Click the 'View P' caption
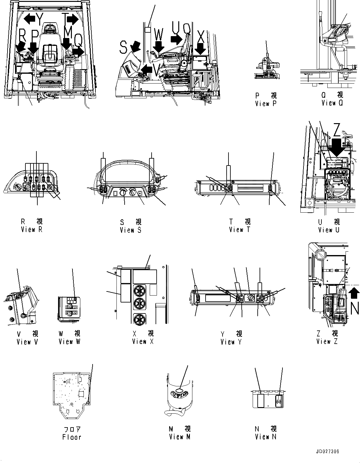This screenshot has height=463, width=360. coord(266,104)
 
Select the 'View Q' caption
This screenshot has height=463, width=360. coord(333,103)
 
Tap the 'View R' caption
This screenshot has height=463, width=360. coord(31,230)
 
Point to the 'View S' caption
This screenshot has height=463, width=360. coord(131,230)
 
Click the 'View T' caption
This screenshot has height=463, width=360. coord(240,230)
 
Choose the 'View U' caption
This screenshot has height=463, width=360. coord(329,230)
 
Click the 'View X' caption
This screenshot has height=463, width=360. coord(143,341)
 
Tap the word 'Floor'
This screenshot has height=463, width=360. coord(72,437)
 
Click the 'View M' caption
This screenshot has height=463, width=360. coord(180,437)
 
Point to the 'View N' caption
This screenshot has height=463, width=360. coord(266,437)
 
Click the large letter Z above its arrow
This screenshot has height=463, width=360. coord(336,130)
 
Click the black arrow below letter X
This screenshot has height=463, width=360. coord(200,49)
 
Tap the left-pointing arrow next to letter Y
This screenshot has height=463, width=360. coord(30,19)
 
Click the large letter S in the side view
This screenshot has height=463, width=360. coord(124,48)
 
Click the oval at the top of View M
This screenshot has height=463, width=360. coord(179,390)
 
